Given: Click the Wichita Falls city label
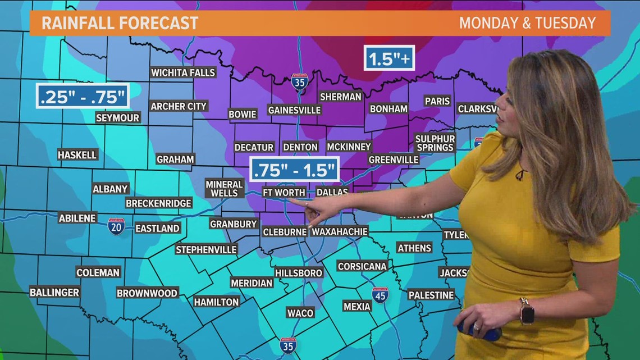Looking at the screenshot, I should [x=183, y=72].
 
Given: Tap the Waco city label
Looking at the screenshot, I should [x=300, y=313].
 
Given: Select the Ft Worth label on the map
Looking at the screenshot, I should [x=284, y=193].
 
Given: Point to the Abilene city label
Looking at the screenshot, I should [x=77, y=218].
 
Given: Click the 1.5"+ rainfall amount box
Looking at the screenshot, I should [x=389, y=58].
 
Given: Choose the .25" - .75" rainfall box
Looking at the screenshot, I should [x=83, y=96].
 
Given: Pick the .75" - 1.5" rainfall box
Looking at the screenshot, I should [x=295, y=169].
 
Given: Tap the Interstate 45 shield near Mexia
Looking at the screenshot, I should [x=380, y=295].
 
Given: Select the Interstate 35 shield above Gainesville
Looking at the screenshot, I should [x=300, y=82].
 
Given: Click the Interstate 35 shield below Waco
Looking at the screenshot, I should [x=288, y=345].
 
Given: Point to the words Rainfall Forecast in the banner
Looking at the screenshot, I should [x=120, y=23].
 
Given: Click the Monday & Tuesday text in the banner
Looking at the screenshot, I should [x=527, y=23].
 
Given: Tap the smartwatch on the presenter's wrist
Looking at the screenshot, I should [x=527, y=311].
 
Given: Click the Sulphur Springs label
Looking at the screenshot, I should [x=435, y=143].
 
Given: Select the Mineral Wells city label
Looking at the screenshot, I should [x=224, y=188].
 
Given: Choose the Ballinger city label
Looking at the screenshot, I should [x=54, y=292].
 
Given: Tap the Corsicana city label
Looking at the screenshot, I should [x=362, y=266].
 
